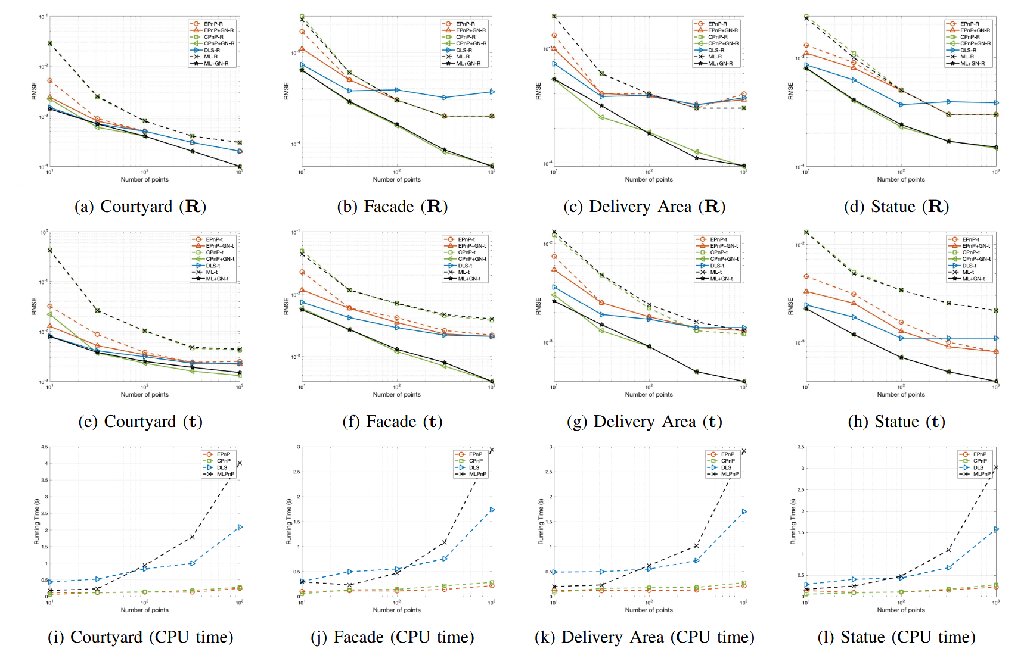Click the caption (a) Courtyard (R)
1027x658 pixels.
[140, 207]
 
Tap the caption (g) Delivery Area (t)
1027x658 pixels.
[644, 422]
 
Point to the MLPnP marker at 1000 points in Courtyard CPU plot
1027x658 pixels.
[240, 463]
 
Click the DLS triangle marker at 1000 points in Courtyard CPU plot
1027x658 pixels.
[240, 527]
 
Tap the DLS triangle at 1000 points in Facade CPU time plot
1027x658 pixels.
[492, 510]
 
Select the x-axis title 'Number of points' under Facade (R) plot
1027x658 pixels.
[396, 179]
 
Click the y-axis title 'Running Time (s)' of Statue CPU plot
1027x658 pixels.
[793, 522]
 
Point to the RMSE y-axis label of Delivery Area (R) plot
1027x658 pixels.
[538, 91]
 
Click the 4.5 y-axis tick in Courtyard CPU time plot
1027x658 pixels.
[45, 447]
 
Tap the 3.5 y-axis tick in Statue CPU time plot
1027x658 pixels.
[800, 447]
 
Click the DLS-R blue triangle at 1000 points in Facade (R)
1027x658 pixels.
[492, 92]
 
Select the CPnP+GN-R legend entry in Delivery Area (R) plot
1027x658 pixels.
[722, 43]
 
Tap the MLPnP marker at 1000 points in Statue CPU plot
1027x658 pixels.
[996, 467]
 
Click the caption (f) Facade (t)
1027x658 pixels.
[392, 422]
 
